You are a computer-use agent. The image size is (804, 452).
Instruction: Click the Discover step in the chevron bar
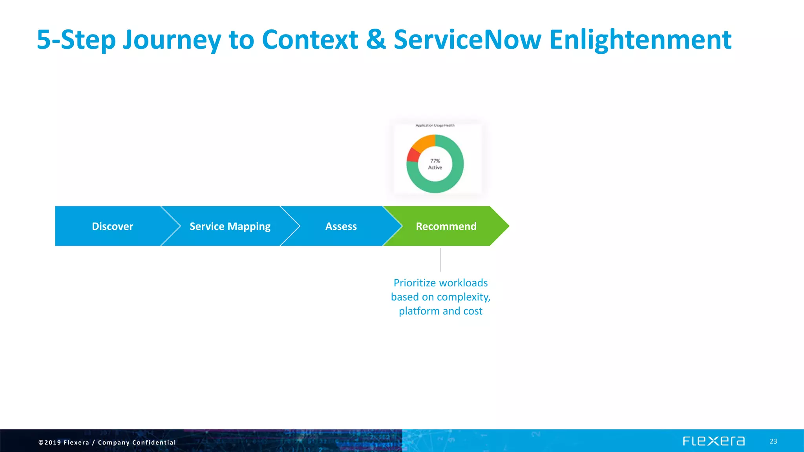click(x=112, y=226)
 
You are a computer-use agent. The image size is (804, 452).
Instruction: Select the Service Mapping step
click(x=230, y=226)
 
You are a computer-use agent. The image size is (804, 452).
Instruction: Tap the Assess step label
click(x=341, y=226)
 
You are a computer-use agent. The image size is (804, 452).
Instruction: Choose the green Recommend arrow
click(x=446, y=226)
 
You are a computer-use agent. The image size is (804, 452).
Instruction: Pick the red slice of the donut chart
click(x=413, y=155)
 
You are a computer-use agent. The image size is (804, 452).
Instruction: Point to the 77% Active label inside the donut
click(x=435, y=164)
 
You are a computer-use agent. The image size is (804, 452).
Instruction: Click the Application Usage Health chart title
click(x=435, y=126)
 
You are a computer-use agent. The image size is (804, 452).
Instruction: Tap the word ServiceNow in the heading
click(x=467, y=40)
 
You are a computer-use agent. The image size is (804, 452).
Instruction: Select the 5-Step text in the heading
click(x=76, y=40)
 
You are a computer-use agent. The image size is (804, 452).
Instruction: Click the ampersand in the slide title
click(x=376, y=40)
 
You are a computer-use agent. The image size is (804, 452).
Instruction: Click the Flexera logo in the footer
click(x=713, y=441)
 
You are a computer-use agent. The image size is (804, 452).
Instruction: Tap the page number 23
click(x=773, y=441)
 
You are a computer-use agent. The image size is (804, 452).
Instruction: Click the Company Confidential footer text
click(x=137, y=443)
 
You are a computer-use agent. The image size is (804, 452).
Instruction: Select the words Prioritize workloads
click(x=440, y=283)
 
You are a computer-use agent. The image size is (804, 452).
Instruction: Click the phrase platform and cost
click(x=440, y=311)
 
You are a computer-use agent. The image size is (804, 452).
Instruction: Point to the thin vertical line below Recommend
click(x=441, y=260)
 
